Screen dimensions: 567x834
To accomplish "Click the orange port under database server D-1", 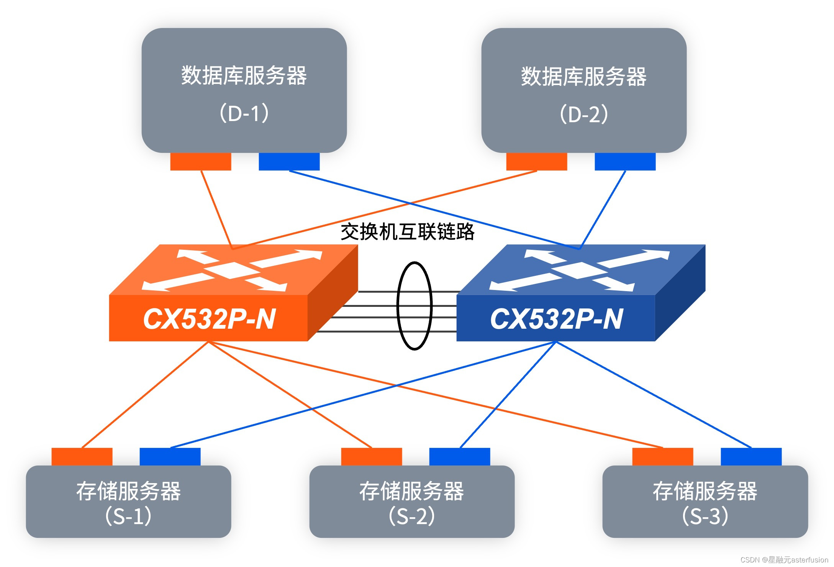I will [200, 161].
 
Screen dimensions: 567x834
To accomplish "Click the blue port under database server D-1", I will [289, 161].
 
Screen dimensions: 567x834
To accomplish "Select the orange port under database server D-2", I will [536, 161].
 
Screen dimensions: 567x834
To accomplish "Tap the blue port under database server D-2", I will [625, 161].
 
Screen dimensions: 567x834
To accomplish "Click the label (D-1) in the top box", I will [244, 113].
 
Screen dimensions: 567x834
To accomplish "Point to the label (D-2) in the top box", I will [583, 114].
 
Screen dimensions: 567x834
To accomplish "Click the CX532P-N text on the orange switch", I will [209, 319].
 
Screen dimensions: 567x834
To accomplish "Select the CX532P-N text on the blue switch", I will [556, 319].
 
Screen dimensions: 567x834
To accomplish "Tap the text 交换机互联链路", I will [407, 232].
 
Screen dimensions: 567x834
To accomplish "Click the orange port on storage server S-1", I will [82, 457].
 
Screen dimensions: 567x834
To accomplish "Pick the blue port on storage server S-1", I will [170, 457].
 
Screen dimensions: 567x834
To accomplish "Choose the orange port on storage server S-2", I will [371, 457].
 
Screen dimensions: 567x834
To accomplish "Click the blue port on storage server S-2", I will [459, 457].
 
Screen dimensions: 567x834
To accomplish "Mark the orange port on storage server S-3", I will [662, 457].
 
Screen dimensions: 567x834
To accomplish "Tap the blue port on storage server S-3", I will [751, 457].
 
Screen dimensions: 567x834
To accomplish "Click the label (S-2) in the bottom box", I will [411, 516].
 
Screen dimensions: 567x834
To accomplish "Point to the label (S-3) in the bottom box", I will [705, 516].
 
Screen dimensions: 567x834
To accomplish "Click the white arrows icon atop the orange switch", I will [232, 270].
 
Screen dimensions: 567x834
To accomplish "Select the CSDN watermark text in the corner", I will [784, 560].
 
